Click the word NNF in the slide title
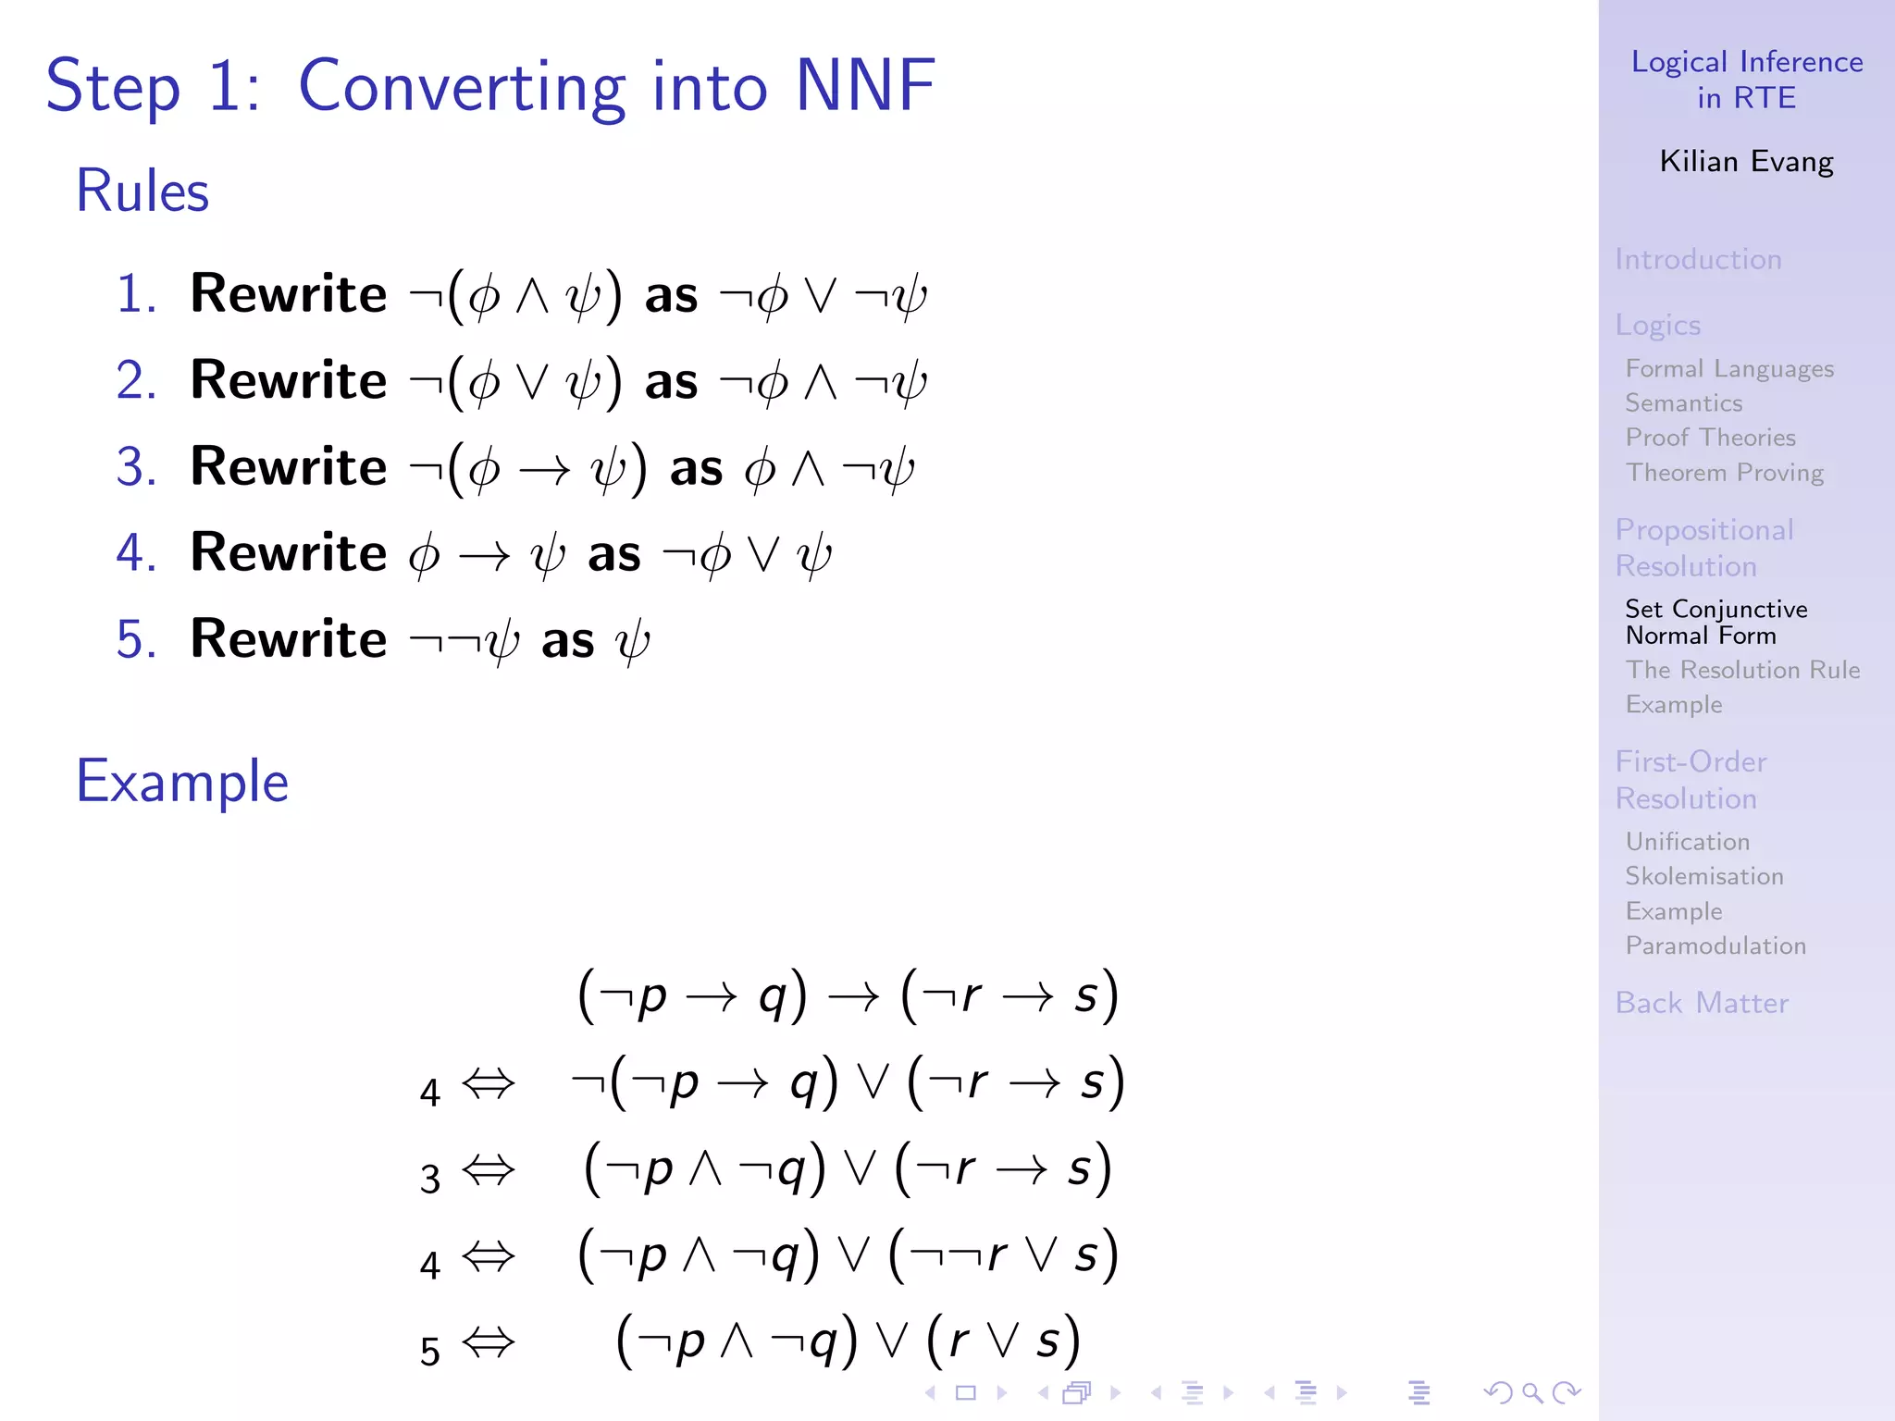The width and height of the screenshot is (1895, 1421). [x=864, y=86]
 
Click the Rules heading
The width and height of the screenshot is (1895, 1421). [x=142, y=192]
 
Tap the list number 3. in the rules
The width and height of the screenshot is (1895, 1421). [x=136, y=466]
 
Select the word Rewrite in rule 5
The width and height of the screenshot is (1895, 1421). [x=288, y=639]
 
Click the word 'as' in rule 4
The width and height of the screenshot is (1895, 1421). [x=613, y=554]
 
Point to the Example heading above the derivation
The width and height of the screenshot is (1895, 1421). [x=182, y=782]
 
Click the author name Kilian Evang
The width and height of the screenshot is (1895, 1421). [x=1746, y=162]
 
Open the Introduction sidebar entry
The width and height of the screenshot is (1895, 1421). [x=1698, y=259]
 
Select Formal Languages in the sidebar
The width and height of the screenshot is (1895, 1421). [x=1729, y=368]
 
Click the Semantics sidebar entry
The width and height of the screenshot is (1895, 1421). [x=1684, y=403]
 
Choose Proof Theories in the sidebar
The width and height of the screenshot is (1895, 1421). [x=1710, y=438]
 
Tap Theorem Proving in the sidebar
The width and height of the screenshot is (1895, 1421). [x=1724, y=473]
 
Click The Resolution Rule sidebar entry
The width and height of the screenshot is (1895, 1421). [x=1742, y=670]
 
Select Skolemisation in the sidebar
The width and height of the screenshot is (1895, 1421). [x=1704, y=876]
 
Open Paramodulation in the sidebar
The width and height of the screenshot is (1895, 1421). [x=1715, y=945]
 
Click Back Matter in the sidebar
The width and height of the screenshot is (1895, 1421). [x=1702, y=1003]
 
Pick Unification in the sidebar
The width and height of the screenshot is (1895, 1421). [x=1688, y=842]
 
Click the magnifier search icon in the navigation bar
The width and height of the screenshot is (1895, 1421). [x=1531, y=1392]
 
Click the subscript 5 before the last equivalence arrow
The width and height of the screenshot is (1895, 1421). [x=429, y=1352]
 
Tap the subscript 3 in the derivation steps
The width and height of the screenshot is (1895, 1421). [x=429, y=1179]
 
